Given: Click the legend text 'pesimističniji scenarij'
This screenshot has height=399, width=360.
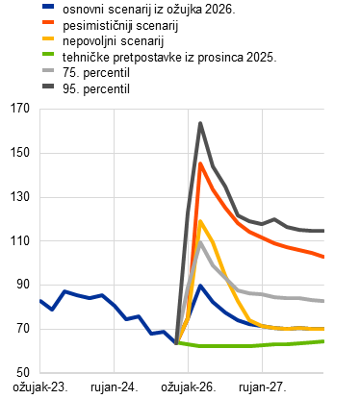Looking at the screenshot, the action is tap(120, 26).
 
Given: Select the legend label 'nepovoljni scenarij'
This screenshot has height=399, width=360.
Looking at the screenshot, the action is tap(114, 41).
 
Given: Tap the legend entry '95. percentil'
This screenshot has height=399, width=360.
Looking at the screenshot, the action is tap(96, 88).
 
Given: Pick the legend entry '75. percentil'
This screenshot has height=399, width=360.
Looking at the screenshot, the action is tap(96, 72).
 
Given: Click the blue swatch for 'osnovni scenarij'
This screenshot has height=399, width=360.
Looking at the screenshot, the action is tap(48, 6).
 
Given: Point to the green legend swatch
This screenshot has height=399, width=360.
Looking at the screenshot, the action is tap(48, 54).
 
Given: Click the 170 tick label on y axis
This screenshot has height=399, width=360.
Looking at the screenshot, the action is tap(20, 109).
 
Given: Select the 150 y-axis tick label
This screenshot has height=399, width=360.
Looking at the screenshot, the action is tap(20, 153).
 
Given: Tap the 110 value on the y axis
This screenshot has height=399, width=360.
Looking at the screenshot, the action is tap(20, 240).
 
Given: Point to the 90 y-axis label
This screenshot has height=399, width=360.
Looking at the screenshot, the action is tap(23, 285).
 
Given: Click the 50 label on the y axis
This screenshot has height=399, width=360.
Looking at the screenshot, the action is tap(23, 372).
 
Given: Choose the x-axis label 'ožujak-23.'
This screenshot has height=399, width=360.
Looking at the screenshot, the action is tap(40, 387).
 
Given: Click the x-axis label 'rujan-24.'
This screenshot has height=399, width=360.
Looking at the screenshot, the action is tap(115, 387).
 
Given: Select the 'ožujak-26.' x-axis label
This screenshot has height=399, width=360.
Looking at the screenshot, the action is tap(189, 387).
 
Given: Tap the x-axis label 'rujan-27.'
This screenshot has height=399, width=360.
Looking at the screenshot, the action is tap(263, 387).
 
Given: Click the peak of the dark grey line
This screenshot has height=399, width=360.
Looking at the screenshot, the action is tap(200, 123).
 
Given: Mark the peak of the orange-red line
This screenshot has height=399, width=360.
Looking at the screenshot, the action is tap(200, 163).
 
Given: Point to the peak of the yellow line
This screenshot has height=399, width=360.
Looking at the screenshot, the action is tap(200, 221).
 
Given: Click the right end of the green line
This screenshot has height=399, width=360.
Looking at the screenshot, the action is tap(323, 341).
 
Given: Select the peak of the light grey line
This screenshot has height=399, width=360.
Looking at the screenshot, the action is tap(200, 242).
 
